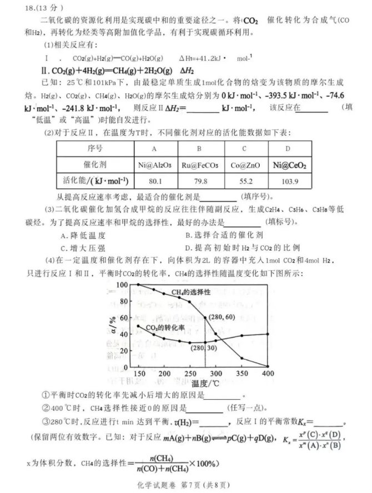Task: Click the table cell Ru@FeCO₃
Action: pos(198,165)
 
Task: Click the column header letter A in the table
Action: pos(153,149)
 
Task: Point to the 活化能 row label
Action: pos(95,182)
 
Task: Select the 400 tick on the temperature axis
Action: pos(267,373)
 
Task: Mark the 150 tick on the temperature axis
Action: pos(138,373)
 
